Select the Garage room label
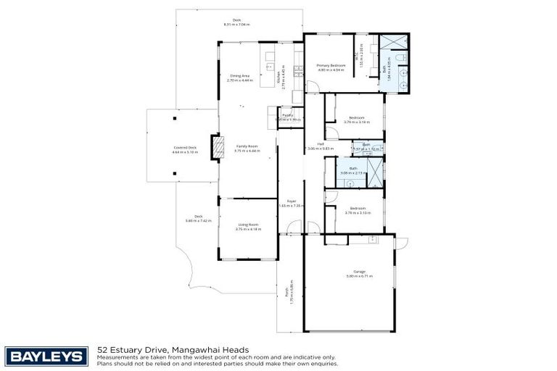click(350, 272)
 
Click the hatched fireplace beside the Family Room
click(215, 148)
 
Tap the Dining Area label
click(240, 75)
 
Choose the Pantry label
click(287, 115)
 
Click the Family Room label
click(247, 146)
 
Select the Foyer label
click(291, 201)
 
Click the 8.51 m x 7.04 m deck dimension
click(236, 25)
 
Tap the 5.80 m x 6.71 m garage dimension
click(350, 276)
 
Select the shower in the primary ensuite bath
click(397, 41)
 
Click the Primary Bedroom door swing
click(311, 87)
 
